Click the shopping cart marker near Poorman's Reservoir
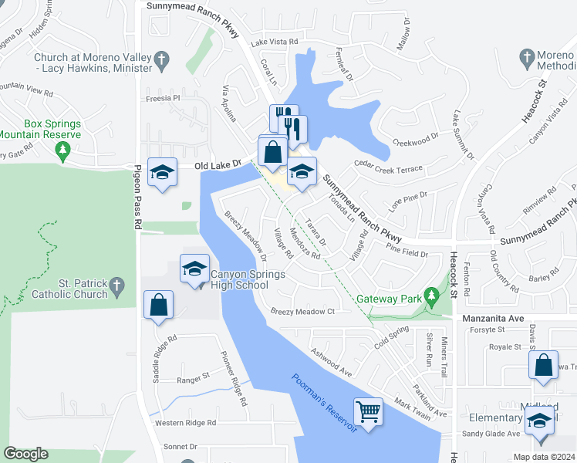pyautogui.click(x=368, y=410)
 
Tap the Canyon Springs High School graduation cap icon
pyautogui.click(x=194, y=268)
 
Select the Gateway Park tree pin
pyautogui.click(x=432, y=295)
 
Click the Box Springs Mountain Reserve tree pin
pyautogui.click(x=62, y=151)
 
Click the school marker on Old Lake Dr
pyautogui.click(x=162, y=172)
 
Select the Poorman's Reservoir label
pyautogui.click(x=325, y=403)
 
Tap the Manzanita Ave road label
pyautogui.click(x=493, y=318)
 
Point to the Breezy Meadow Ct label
pyautogui.click(x=302, y=312)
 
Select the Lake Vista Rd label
pyautogui.click(x=275, y=42)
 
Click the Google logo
pyautogui.click(x=26, y=454)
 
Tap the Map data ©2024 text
pyautogui.click(x=543, y=457)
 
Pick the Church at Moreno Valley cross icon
pyautogui.click(x=160, y=58)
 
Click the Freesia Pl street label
pyautogui.click(x=162, y=99)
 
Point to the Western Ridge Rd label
pyautogui.click(x=185, y=423)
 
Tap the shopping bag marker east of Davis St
pyautogui.click(x=544, y=364)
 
